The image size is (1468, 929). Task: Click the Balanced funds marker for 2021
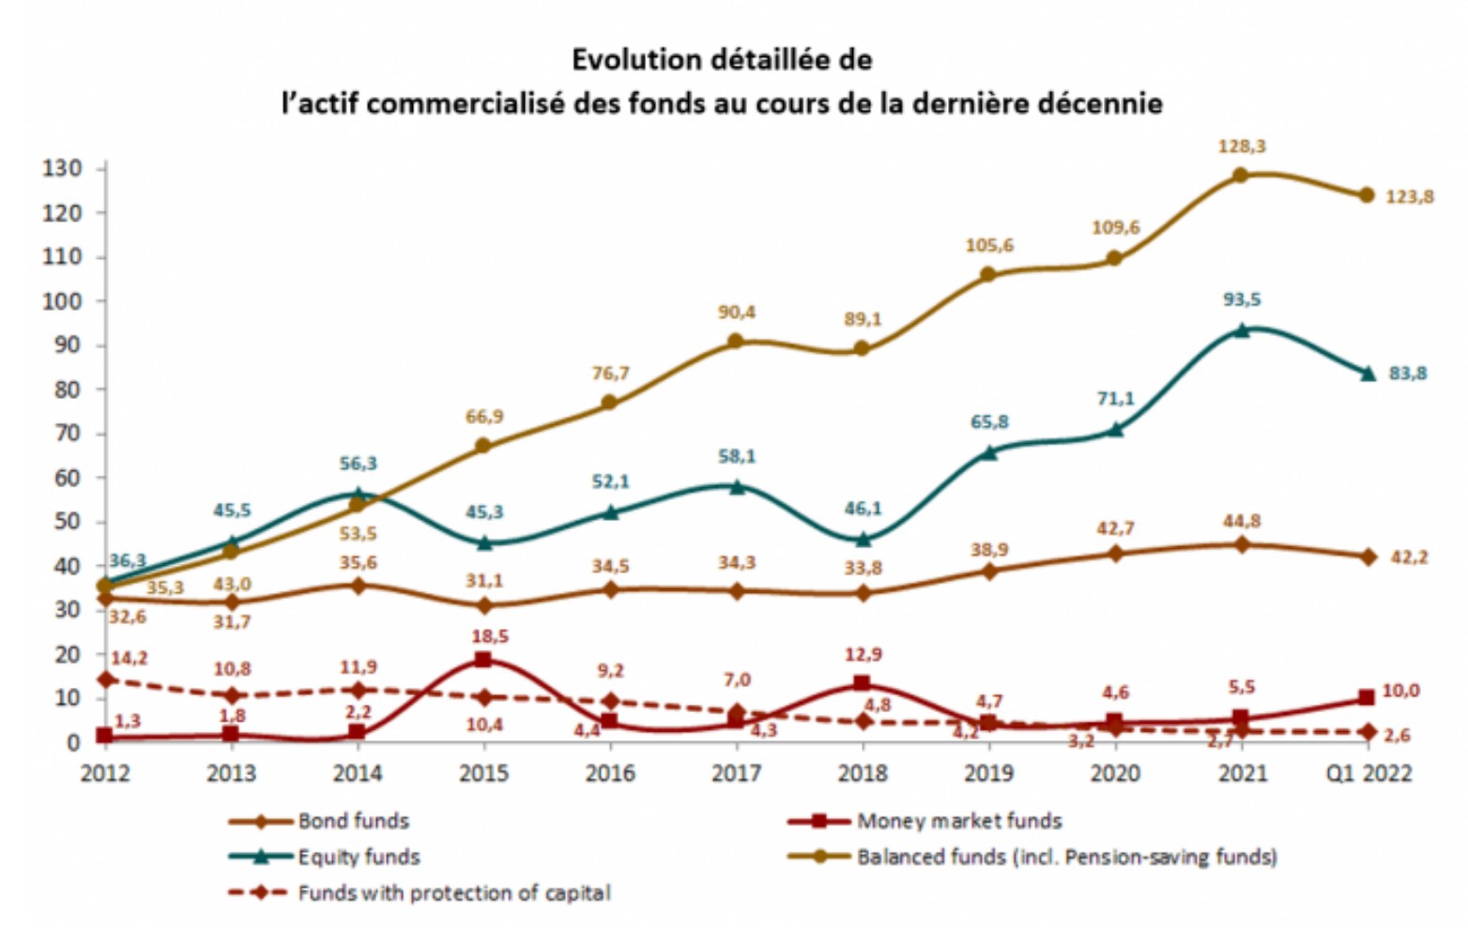point(1240,175)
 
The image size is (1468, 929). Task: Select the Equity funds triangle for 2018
point(863,539)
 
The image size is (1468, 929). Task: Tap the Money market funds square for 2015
point(482,660)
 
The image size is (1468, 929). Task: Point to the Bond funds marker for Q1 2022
point(1367,556)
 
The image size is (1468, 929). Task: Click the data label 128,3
point(1242,146)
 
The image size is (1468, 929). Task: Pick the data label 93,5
point(1242,299)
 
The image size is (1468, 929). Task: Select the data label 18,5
point(490,636)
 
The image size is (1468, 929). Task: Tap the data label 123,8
point(1411,197)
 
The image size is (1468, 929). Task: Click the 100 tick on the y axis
point(62,301)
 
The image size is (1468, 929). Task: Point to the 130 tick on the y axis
point(62,169)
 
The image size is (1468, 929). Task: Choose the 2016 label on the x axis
point(610,773)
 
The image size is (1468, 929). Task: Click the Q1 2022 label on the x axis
point(1368,773)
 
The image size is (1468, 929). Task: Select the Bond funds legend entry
point(353,821)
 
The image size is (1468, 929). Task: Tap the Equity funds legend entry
point(359,857)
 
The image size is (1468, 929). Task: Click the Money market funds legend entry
point(958,821)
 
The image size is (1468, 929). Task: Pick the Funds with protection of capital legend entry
point(453,892)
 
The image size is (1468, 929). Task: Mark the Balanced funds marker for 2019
point(987,275)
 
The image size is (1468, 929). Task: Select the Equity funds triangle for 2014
point(358,494)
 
